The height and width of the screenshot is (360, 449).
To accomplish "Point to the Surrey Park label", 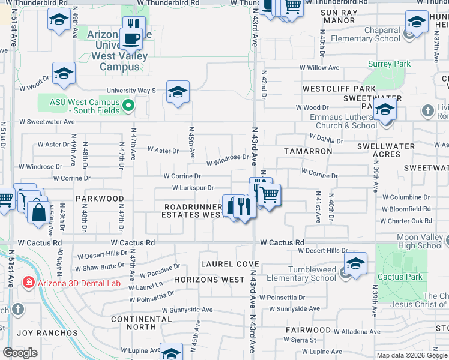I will [x=390, y=64].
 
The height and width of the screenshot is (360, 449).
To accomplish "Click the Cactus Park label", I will [x=400, y=277].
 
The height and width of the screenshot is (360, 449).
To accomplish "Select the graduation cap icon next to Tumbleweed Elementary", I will [x=355, y=263].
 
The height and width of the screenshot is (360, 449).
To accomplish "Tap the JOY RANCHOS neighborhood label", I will [x=47, y=332].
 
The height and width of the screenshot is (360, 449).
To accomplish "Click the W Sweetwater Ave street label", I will [x=47, y=121].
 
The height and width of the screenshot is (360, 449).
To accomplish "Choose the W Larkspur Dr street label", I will [x=193, y=188].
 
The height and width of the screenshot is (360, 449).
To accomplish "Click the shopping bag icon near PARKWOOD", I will [x=38, y=212].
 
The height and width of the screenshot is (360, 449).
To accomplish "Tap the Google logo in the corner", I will [x=20, y=353].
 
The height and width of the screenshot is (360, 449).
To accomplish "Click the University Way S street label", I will [x=131, y=91].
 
